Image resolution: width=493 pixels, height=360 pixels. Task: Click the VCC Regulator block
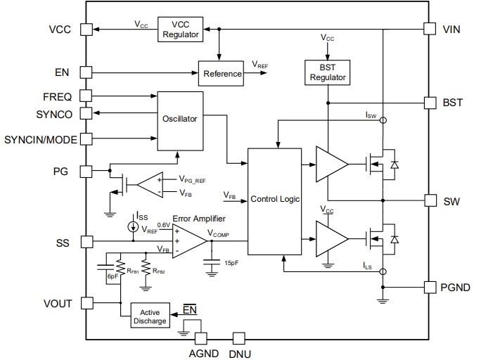181,29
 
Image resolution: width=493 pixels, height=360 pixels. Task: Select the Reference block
222,73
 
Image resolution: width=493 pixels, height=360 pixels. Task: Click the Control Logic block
275,200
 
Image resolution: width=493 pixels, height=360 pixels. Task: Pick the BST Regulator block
327,71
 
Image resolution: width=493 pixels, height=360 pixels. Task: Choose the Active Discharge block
153,316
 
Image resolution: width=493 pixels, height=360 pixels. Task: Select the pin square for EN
86,72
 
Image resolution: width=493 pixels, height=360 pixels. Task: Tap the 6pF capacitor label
112,277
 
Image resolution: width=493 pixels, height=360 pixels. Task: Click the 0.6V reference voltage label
163,225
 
